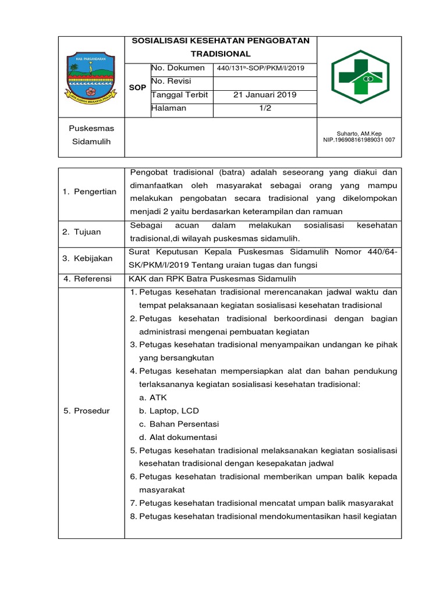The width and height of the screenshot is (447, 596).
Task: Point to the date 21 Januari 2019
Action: coord(265,95)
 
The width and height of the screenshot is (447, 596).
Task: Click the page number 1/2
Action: coord(265,108)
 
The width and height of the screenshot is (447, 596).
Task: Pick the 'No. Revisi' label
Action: coord(172,81)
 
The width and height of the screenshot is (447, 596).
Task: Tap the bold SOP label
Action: coord(137,87)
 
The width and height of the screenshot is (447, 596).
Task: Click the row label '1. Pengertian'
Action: coord(90,191)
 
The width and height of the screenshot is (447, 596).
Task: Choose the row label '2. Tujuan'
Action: coord(81,232)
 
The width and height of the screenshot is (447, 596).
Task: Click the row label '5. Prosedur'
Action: coord(86,411)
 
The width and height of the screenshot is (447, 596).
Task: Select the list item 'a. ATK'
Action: coord(153,398)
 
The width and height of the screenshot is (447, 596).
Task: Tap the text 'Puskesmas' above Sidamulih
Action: coord(91,128)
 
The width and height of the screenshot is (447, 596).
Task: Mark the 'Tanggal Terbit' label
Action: coord(180,95)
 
